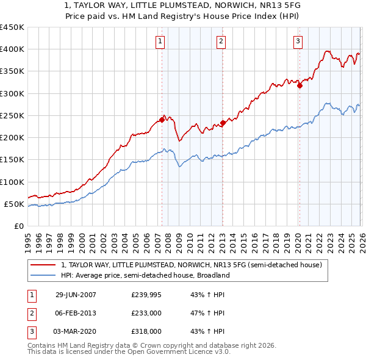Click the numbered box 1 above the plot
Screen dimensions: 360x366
click(x=159, y=41)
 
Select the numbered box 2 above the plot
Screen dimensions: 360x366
click(x=220, y=41)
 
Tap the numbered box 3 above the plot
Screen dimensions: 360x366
click(x=298, y=41)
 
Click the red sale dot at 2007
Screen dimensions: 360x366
click(x=162, y=120)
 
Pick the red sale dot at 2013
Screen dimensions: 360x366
click(x=223, y=123)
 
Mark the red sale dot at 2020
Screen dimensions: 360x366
click(x=300, y=86)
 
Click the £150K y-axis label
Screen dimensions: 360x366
click(x=12, y=160)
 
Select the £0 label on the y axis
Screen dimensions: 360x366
click(x=19, y=226)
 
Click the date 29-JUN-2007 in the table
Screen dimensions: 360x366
click(x=76, y=295)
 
